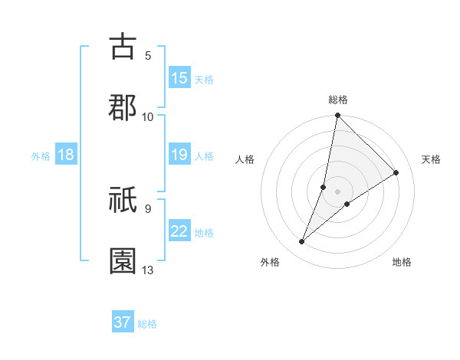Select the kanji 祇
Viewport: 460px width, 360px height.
(123, 201)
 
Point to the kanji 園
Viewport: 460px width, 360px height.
(123, 260)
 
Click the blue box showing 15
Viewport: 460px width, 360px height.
(179, 78)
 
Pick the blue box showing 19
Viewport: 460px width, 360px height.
(179, 155)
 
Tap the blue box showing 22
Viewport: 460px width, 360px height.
(179, 232)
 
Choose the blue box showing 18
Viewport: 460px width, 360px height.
(66, 155)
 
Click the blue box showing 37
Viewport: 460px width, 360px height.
(123, 322)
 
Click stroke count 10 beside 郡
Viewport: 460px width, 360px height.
(148, 116)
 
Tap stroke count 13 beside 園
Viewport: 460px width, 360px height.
(148, 270)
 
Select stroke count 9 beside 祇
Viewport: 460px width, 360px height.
(148, 208)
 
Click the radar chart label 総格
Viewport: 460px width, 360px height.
(338, 100)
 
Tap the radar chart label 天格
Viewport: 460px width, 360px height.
(431, 159)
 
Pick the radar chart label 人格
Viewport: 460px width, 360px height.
(245, 159)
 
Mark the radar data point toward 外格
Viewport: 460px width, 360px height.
(302, 242)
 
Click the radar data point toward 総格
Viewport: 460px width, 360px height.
(337, 116)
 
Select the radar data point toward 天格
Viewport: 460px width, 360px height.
(396, 173)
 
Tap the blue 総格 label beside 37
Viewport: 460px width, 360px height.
(148, 324)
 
